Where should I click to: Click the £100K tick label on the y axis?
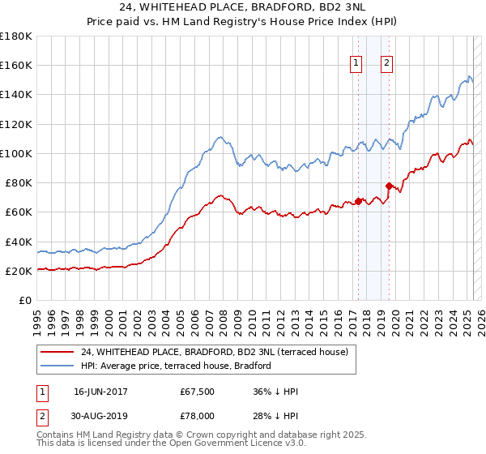point(15,153)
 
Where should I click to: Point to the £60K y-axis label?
point(18,212)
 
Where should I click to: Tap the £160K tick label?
point(15,65)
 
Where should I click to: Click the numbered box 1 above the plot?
point(356,64)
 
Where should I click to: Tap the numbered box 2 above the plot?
point(387,64)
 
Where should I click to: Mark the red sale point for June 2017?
point(357,202)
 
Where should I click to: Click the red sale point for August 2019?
point(389,186)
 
